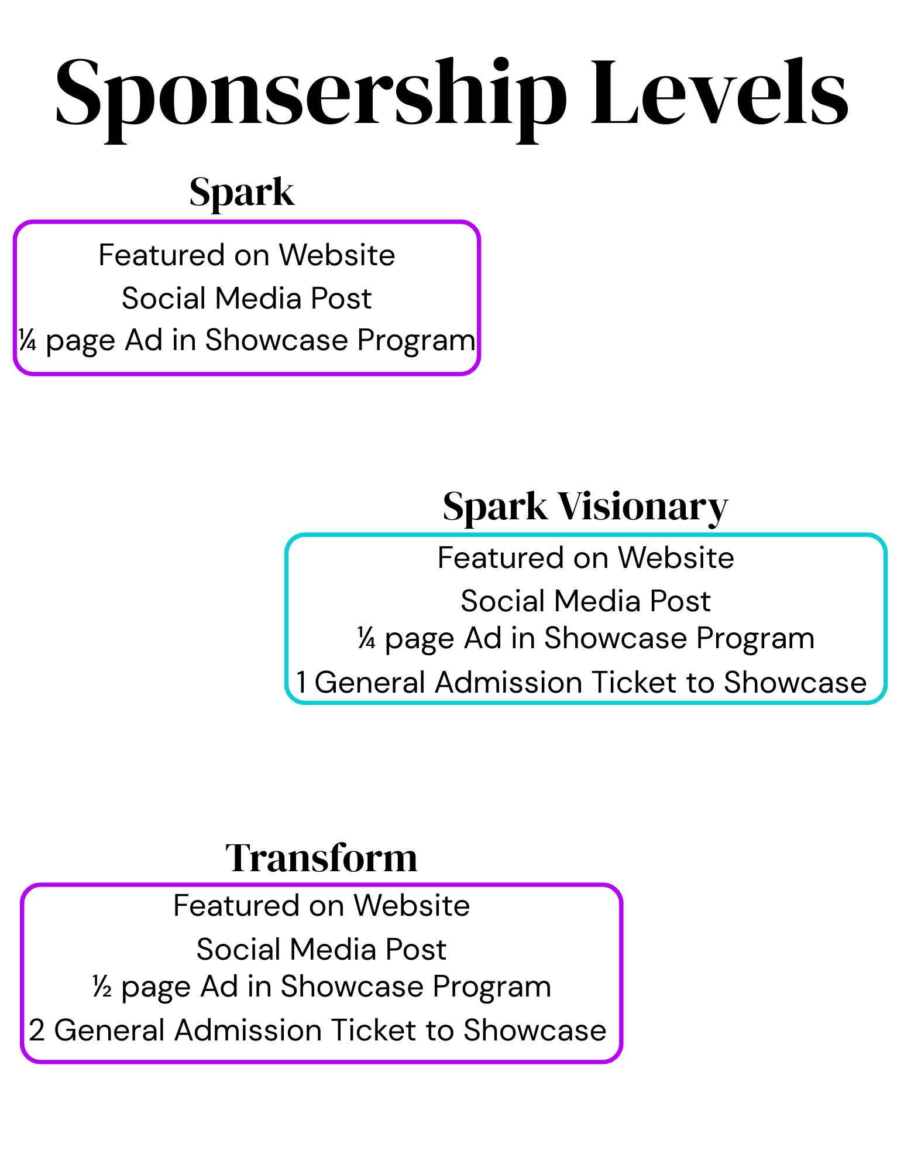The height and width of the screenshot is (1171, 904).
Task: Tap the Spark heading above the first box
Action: [242, 193]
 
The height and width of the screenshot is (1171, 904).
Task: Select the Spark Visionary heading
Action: [585, 506]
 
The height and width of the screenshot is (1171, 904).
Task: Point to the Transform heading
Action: [321, 858]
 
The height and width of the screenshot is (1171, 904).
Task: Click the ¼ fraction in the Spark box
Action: [28, 340]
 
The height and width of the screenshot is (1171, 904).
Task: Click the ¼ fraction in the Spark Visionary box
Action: [366, 638]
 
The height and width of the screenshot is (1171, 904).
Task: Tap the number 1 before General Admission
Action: [301, 683]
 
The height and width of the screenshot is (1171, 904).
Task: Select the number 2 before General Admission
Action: [37, 1030]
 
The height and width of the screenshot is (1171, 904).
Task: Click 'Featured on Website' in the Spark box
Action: [247, 255]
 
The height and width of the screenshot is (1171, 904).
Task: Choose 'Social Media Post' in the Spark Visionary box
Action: [586, 601]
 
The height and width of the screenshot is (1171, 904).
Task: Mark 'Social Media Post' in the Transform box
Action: [321, 949]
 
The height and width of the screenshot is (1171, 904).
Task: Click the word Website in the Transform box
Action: [411, 906]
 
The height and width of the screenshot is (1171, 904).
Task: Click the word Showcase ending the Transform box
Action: [535, 1030]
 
